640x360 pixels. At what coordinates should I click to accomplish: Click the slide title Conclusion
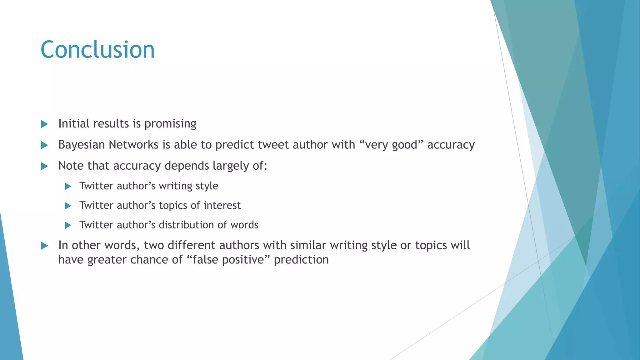click(97, 50)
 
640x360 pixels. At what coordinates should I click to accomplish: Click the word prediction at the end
click(301, 260)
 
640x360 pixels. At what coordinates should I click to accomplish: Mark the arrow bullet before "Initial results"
click(45, 124)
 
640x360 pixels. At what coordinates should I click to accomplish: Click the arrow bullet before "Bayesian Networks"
click(45, 145)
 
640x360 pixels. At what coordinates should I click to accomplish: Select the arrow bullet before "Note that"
click(45, 166)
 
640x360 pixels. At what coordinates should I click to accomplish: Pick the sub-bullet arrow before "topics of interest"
click(68, 206)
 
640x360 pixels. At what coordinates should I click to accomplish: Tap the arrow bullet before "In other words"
click(45, 246)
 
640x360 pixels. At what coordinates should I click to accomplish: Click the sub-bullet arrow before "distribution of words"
click(68, 225)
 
